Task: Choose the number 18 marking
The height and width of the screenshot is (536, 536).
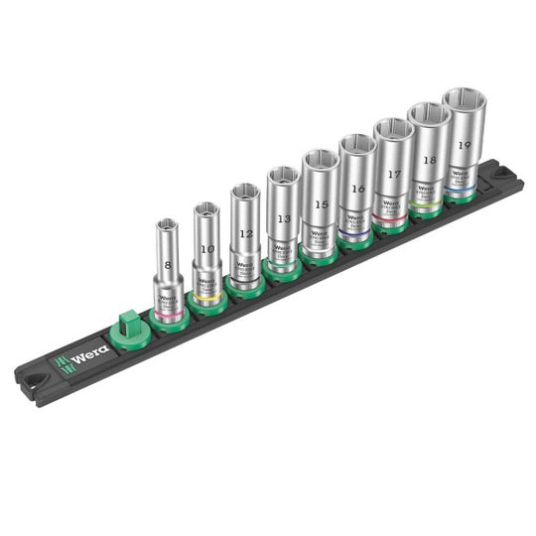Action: [429, 158]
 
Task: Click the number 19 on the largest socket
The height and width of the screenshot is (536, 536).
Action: [465, 143]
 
